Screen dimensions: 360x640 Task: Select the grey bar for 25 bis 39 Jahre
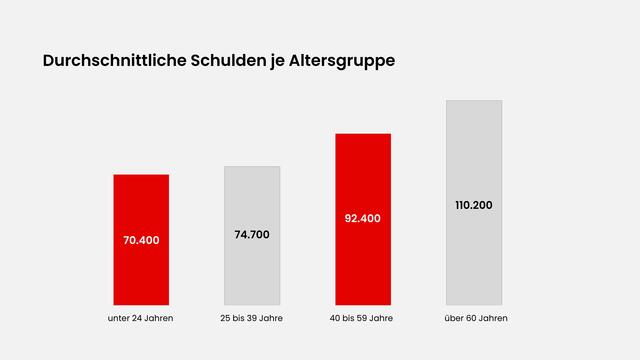[252, 270]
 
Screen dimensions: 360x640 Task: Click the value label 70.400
[141, 240]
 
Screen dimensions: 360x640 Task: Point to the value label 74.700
[252, 234]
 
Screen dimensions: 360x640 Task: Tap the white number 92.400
[363, 218]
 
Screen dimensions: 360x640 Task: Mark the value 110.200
[474, 205]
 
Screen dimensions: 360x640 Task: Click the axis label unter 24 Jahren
[141, 318]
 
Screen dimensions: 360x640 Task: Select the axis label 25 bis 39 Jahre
[252, 318]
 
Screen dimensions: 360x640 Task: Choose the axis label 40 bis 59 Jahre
[363, 318]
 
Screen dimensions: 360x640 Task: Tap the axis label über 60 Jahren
[474, 318]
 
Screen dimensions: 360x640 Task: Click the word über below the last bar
[452, 318]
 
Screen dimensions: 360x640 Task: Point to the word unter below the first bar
[119, 318]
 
